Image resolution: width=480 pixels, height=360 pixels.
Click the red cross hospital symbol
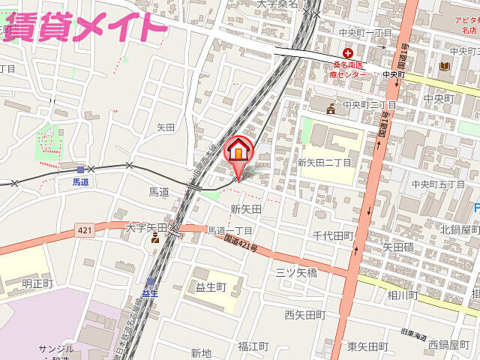(348, 53)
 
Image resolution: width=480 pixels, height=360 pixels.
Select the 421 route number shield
(84, 230)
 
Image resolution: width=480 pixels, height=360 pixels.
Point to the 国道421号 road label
(241, 242)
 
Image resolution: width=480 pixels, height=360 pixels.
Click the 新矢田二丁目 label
(324, 162)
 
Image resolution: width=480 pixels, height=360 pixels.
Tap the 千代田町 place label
(334, 235)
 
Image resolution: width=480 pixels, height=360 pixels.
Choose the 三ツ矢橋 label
(298, 271)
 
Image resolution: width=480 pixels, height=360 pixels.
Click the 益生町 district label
(211, 287)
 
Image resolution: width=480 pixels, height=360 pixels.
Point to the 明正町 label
(37, 283)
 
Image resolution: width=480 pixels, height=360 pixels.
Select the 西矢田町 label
(304, 314)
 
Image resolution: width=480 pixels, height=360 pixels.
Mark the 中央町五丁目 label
(439, 184)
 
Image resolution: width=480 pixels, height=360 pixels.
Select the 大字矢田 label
(146, 226)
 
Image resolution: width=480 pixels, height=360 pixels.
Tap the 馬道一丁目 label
(229, 230)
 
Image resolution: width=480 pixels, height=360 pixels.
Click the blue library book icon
(444, 66)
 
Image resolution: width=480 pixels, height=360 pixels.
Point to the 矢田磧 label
(398, 245)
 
